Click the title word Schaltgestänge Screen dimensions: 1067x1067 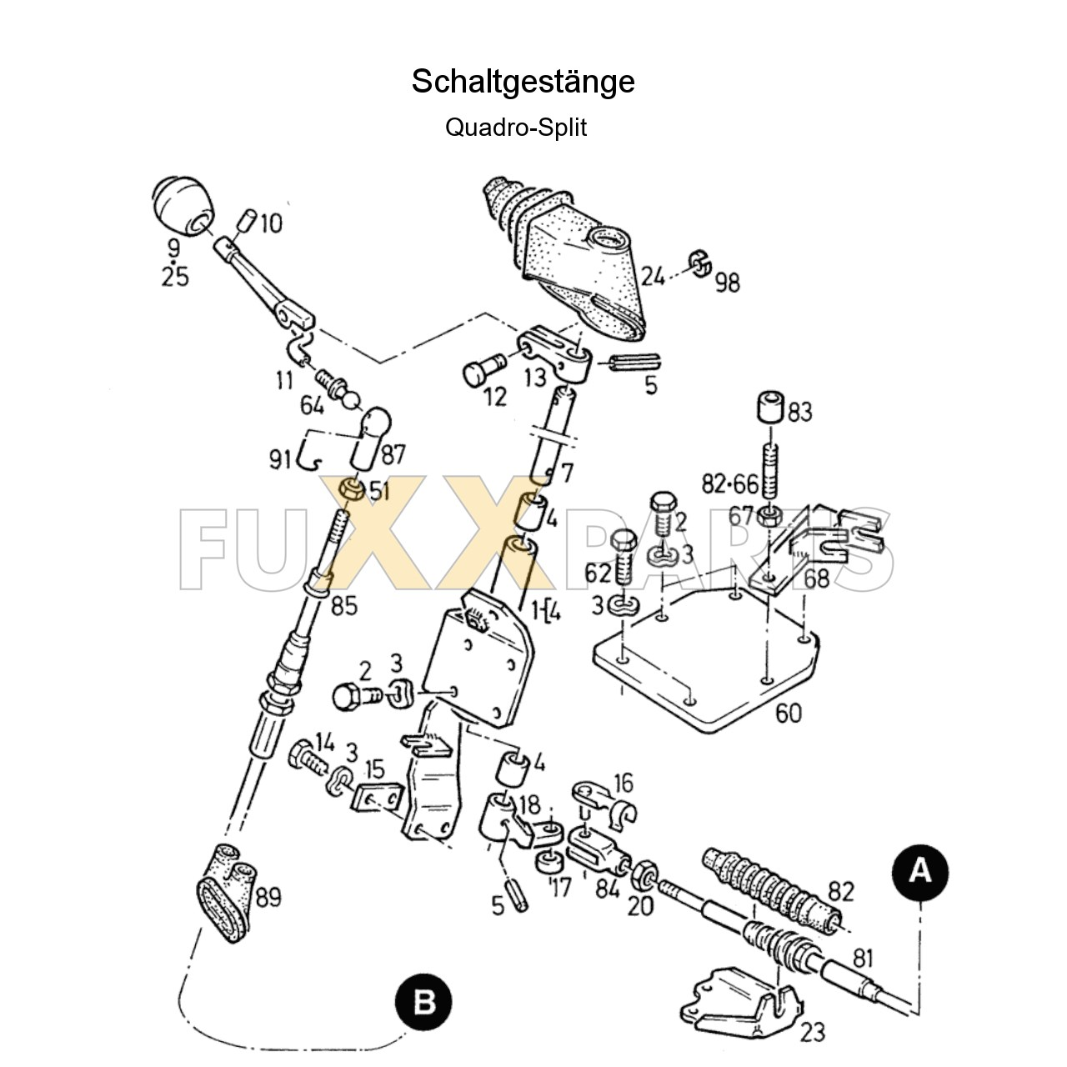[523, 82]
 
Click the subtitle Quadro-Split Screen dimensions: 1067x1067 [516, 128]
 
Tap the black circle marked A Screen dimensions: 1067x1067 [919, 871]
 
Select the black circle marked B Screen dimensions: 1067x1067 [423, 1000]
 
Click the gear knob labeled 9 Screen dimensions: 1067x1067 [183, 206]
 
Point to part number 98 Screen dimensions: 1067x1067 [726, 282]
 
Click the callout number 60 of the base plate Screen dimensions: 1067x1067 [788, 713]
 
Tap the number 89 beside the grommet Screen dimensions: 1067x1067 [268, 897]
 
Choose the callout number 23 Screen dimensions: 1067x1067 [812, 1032]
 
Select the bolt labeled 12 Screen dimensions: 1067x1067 [481, 369]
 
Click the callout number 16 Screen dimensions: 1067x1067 [623, 783]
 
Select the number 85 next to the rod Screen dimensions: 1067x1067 [343, 605]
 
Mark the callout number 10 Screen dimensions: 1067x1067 [270, 223]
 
